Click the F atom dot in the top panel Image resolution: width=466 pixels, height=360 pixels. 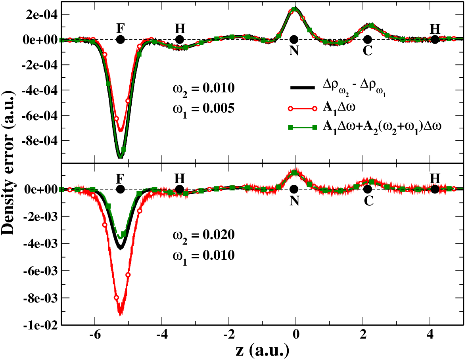pyautogui.click(x=120, y=40)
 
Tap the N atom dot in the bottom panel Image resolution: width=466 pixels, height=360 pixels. pyautogui.click(x=294, y=189)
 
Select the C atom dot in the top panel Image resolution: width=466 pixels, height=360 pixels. pyautogui.click(x=368, y=40)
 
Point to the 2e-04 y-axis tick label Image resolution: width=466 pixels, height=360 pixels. pyautogui.click(x=41, y=14)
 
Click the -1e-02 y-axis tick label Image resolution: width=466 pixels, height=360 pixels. pyautogui.click(x=41, y=326)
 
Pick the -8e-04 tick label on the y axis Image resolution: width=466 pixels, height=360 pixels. pyautogui.click(x=40, y=140)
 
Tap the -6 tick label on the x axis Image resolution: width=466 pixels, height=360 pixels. pyautogui.click(x=95, y=335)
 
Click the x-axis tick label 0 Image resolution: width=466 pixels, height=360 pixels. pyautogui.click(x=296, y=335)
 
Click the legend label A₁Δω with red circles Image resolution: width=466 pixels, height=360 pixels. pyautogui.click(x=339, y=107)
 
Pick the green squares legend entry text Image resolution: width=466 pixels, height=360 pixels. pyautogui.click(x=382, y=127)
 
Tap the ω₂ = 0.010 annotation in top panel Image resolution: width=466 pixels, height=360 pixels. pyautogui.click(x=203, y=89)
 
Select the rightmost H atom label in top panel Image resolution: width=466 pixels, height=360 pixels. pyautogui.click(x=435, y=29)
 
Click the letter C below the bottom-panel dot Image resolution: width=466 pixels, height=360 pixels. pyautogui.click(x=368, y=201)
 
